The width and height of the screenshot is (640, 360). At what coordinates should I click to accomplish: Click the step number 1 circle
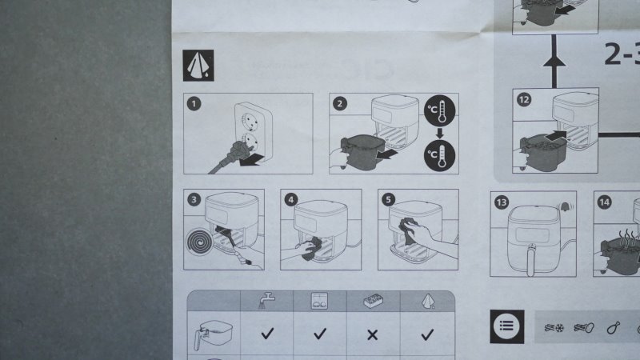coord(194,104)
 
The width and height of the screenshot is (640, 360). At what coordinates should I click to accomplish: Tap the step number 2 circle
coord(339,104)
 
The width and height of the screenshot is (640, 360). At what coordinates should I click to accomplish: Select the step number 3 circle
coord(194,199)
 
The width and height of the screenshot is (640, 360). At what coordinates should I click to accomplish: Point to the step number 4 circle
coord(291,200)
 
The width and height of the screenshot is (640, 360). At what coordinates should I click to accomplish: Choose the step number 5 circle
coord(388,199)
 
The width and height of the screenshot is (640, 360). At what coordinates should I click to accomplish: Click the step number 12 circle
coord(524,99)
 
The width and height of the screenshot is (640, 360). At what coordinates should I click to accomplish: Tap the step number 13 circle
coord(502,202)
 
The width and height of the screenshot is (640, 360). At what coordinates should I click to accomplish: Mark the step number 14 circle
coord(604,202)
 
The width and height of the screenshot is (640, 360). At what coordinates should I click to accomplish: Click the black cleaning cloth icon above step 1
coord(198,66)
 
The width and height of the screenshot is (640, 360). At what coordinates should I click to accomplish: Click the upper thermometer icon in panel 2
coord(439,110)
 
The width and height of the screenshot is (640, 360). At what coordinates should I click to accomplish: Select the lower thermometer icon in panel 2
coord(439,155)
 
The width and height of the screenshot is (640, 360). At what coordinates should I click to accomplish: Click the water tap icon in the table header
coord(267,301)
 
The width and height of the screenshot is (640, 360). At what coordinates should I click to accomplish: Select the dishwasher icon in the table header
coord(319,301)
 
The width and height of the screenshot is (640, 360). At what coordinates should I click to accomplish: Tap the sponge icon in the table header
coord(373,302)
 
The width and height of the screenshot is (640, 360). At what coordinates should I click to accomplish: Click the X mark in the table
coord(372,335)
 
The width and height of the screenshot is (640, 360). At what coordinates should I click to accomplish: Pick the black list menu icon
coord(507,326)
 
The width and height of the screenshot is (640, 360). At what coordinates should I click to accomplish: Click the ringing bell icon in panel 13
coord(566,207)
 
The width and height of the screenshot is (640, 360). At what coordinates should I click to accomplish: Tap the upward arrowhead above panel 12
coord(554,61)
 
